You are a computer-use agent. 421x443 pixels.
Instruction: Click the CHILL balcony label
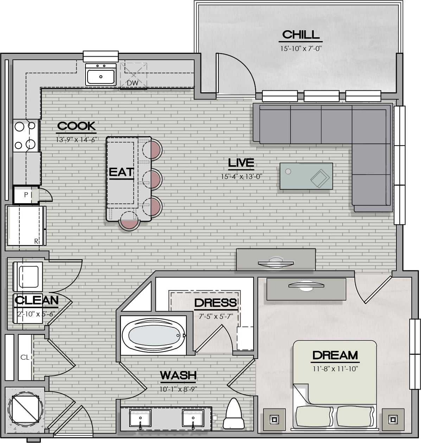301,35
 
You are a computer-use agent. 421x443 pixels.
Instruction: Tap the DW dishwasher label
132,83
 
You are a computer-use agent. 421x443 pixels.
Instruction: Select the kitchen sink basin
101,77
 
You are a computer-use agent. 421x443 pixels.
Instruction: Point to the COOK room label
76,126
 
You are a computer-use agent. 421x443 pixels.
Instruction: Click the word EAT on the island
121,172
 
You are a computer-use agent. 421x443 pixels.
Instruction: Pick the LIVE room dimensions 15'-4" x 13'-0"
242,176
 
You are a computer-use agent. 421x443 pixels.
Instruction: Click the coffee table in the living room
306,176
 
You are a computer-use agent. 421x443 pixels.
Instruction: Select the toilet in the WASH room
234,413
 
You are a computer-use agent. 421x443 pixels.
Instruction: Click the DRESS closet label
216,303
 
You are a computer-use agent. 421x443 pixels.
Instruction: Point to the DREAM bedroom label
335,355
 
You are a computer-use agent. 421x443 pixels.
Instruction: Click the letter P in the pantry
26,194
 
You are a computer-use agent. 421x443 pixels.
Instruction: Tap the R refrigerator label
36,241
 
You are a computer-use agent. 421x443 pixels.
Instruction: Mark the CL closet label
25,357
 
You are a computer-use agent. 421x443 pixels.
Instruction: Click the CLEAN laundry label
37,300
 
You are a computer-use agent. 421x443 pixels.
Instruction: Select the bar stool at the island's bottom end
129,221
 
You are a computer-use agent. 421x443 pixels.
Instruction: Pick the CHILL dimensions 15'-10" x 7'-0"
301,49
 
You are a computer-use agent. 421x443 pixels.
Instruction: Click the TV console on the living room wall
276,259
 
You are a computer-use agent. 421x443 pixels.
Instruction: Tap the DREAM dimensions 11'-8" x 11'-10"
336,369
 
